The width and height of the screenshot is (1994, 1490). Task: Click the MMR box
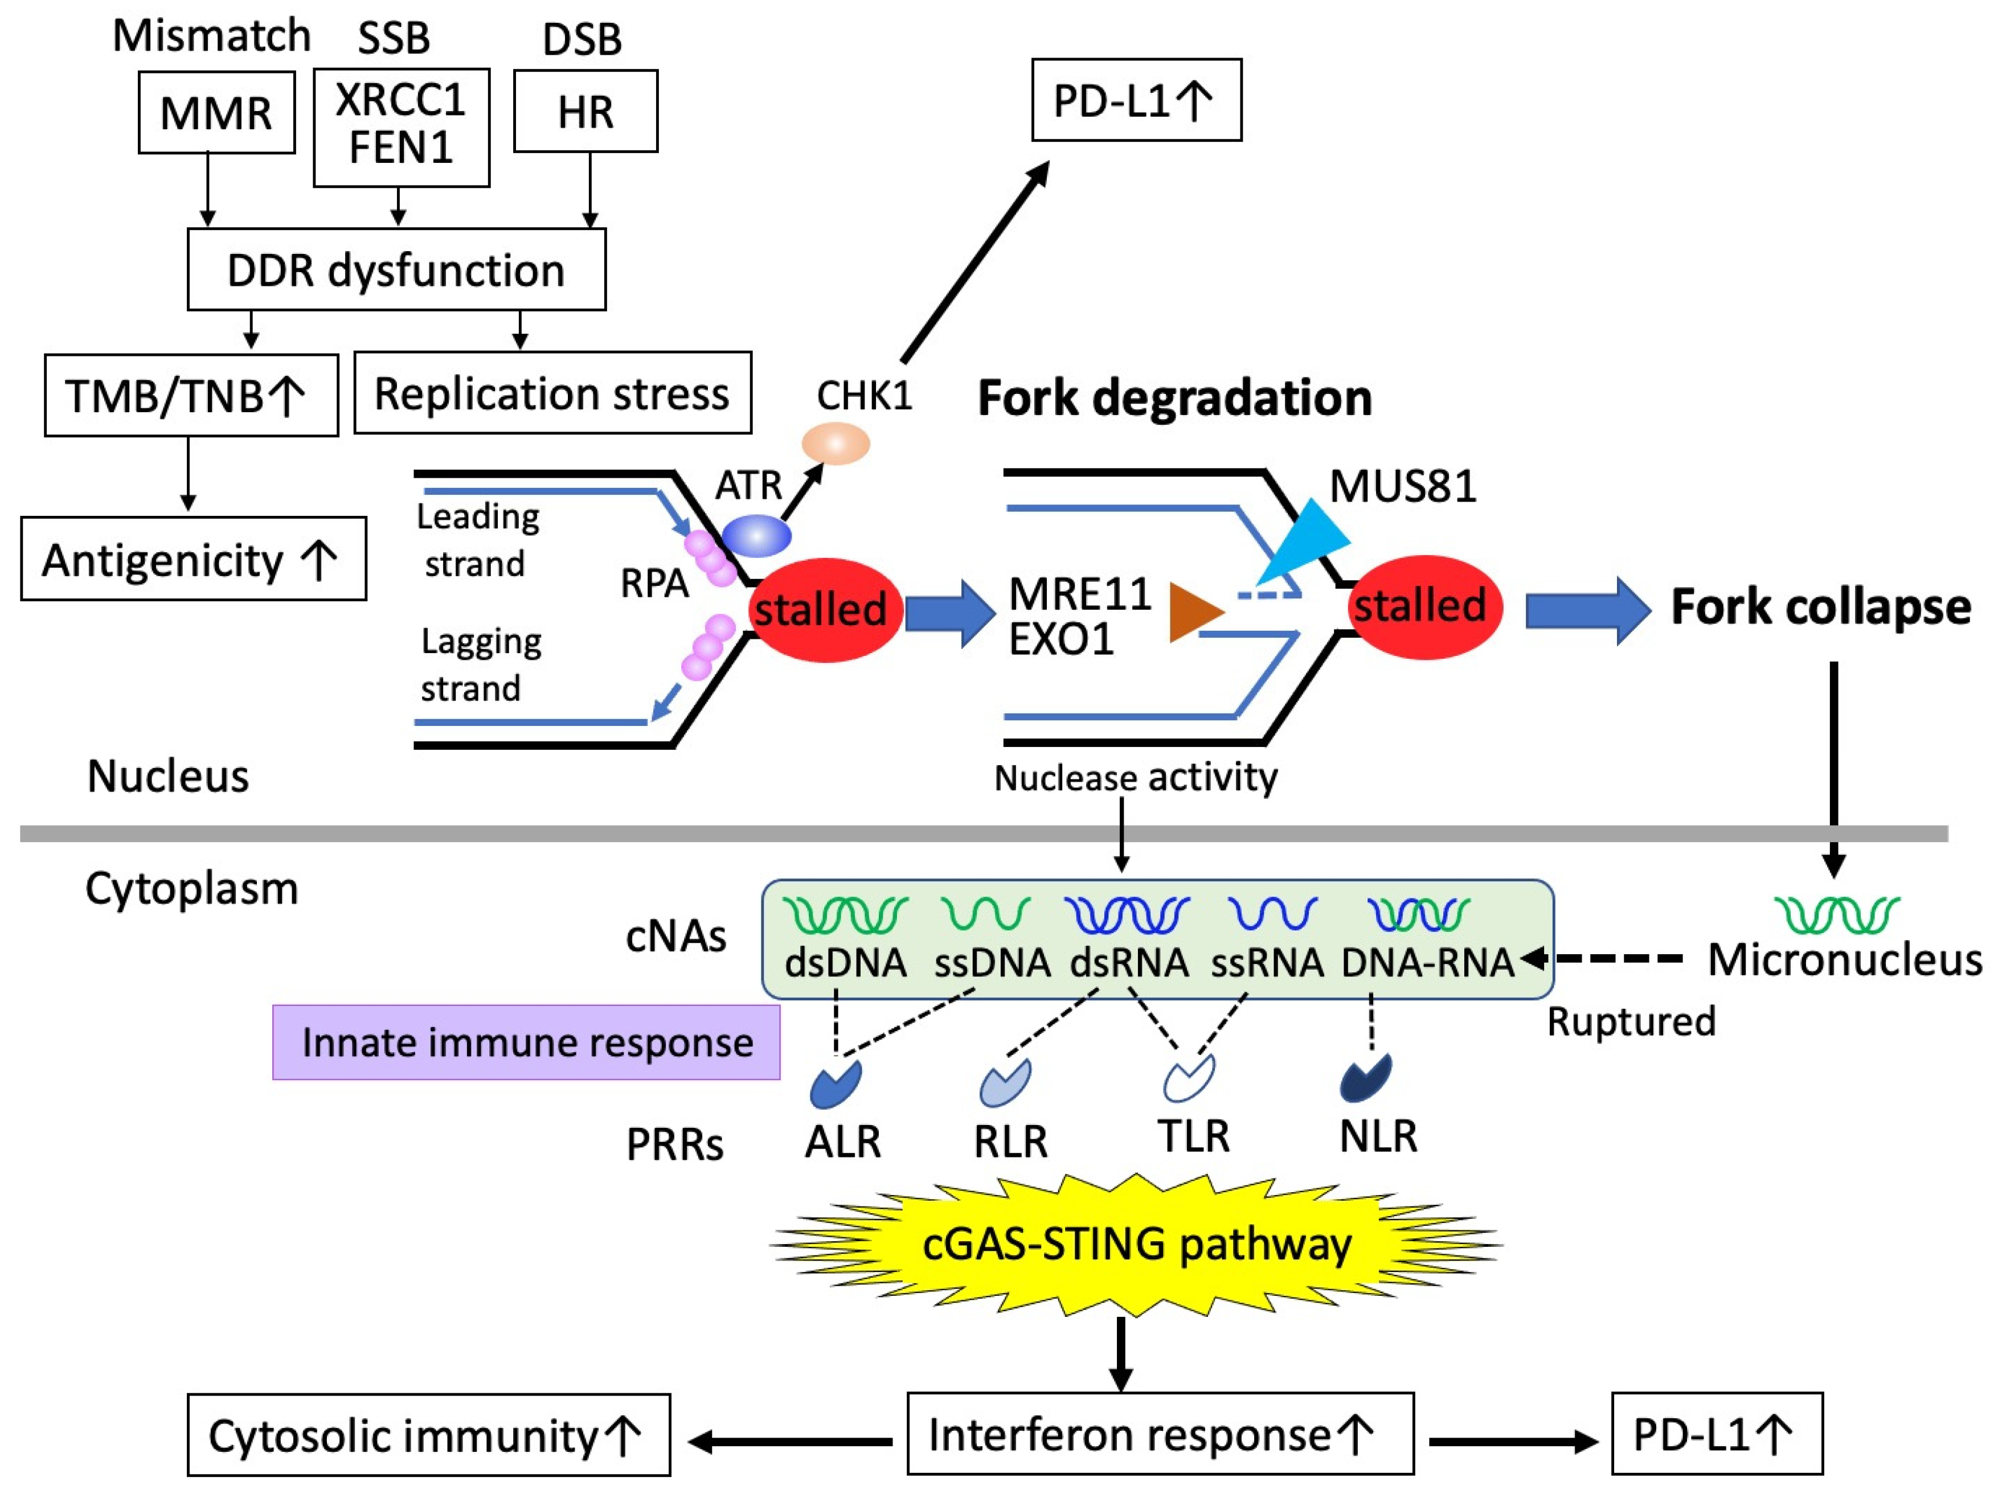click(x=216, y=113)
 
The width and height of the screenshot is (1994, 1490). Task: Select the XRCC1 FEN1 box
click(x=401, y=127)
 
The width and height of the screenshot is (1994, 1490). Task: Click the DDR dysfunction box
click(x=396, y=269)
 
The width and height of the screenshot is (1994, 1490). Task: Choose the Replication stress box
click(x=552, y=393)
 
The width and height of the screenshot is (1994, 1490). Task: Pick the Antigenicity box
click(x=193, y=559)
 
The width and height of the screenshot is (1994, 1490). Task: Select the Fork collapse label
click(x=1821, y=606)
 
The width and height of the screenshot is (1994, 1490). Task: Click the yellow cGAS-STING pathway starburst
click(x=1136, y=1245)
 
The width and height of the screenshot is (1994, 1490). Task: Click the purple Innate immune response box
click(x=526, y=1042)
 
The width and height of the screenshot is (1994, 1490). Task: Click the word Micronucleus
click(x=1844, y=960)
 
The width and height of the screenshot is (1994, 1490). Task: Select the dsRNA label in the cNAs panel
click(x=1129, y=963)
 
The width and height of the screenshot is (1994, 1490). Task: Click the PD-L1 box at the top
click(x=1136, y=100)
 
